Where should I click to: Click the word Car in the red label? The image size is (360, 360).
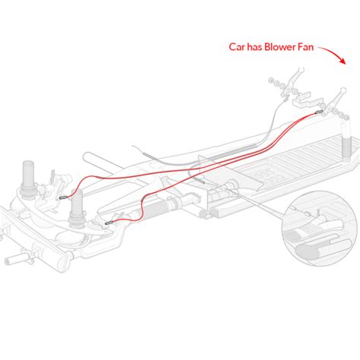point(237,47)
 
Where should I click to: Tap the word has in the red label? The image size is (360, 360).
point(254,47)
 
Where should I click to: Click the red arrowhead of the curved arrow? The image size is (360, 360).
point(343,61)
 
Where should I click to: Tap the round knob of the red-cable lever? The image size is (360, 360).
point(343,90)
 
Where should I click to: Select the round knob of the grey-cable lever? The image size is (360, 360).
point(301,69)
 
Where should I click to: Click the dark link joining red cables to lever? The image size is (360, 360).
point(319,112)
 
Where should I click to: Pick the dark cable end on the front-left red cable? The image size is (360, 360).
point(62,197)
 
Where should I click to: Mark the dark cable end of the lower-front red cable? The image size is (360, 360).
point(109,223)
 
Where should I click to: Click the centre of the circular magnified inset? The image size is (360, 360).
point(320,229)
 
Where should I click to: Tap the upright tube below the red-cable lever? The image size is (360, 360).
point(346,141)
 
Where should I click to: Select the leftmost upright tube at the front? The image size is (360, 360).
point(28,177)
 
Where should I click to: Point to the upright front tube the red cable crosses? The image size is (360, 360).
point(77,207)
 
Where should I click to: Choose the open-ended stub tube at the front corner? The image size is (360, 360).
point(17,257)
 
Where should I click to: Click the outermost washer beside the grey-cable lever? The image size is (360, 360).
point(272,81)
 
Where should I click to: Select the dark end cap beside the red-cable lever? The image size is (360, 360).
point(346,117)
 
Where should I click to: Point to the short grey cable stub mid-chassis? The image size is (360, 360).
point(200,180)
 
